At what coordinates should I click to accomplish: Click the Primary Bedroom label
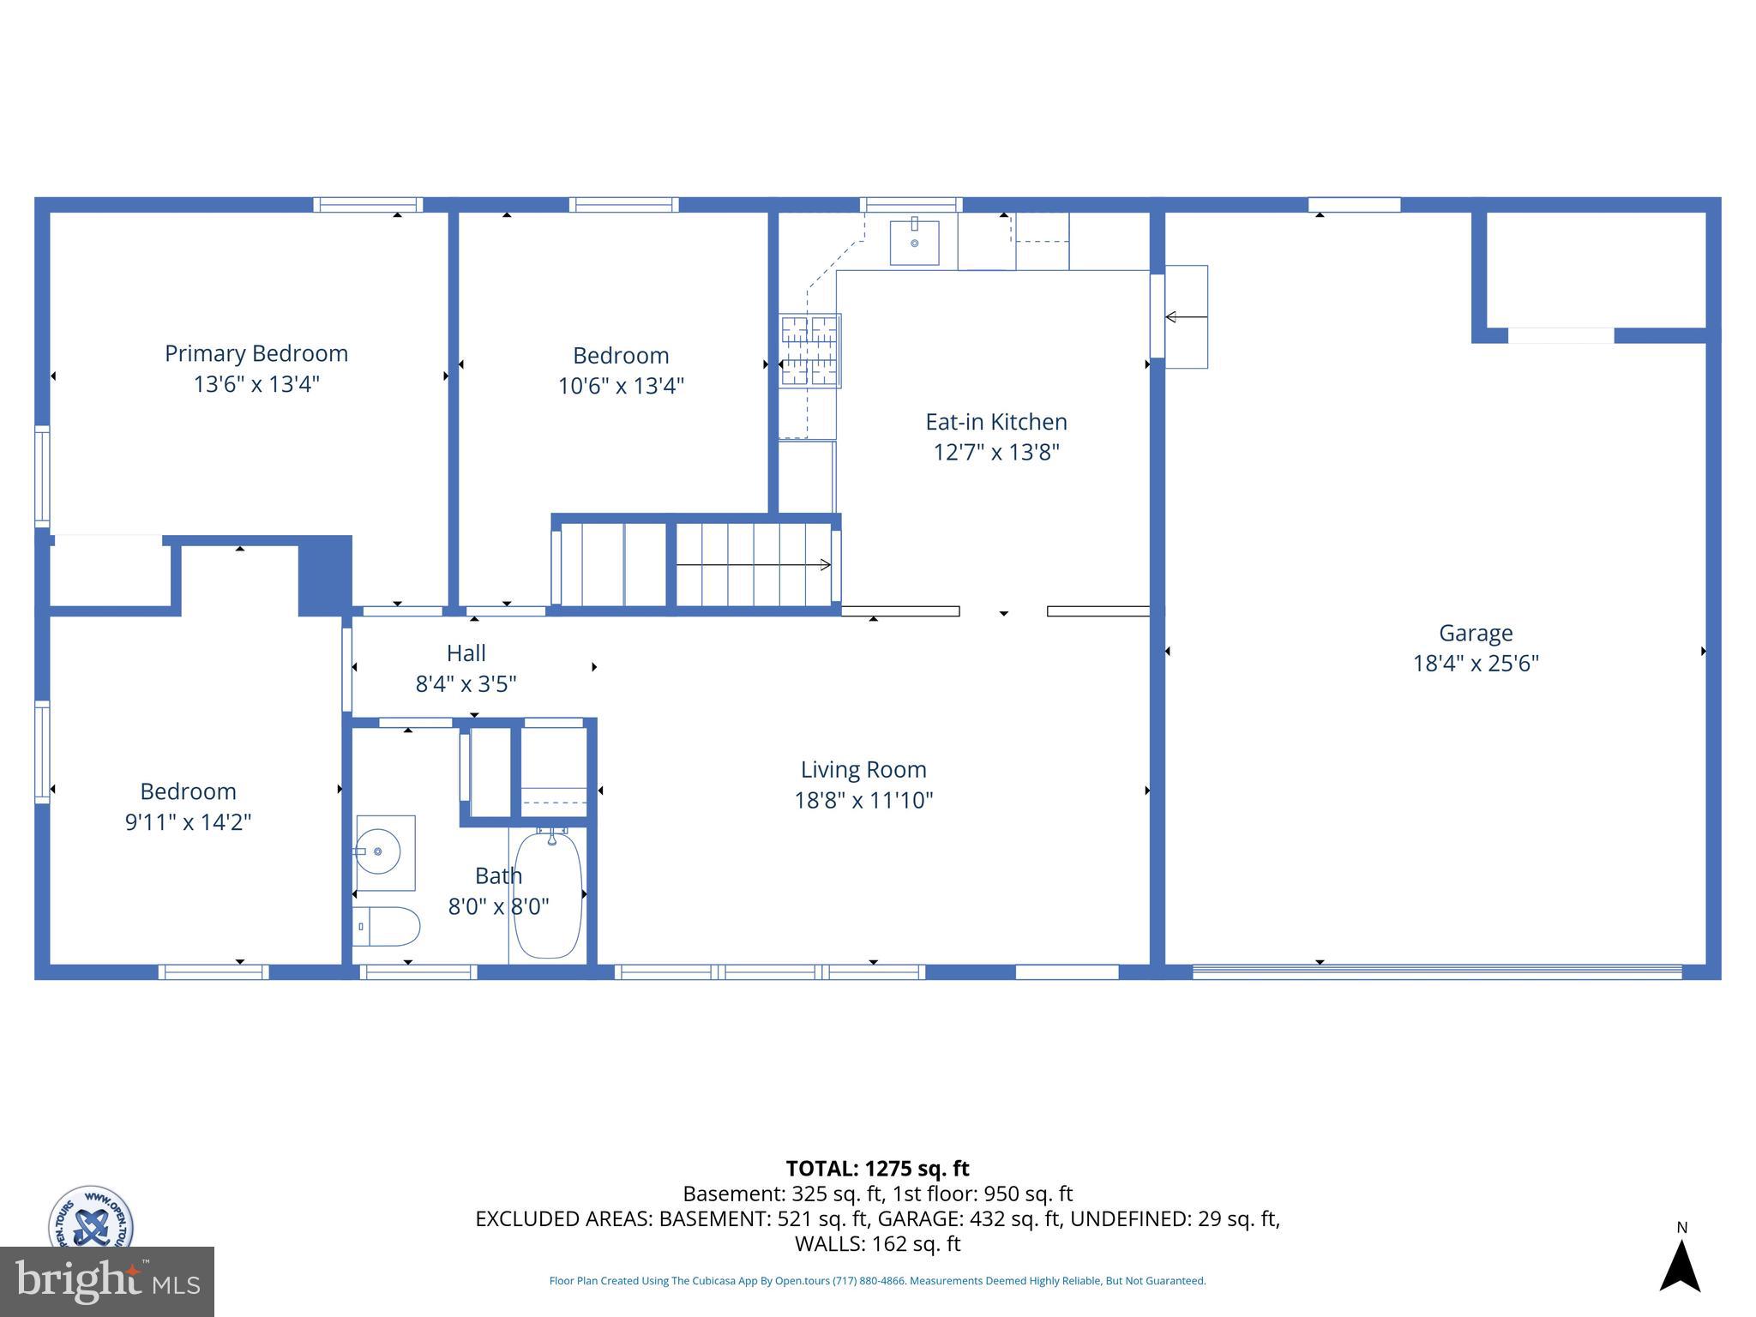click(x=256, y=353)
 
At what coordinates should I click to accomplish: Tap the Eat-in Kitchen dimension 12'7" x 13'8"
click(x=996, y=452)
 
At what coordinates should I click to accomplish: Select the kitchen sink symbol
click(x=914, y=243)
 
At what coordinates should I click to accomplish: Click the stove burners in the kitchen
click(x=809, y=351)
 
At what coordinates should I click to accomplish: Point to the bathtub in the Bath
click(x=548, y=894)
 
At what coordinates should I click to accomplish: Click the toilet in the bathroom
click(x=387, y=927)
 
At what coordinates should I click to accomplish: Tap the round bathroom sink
click(x=379, y=851)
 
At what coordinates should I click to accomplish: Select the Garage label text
click(x=1475, y=633)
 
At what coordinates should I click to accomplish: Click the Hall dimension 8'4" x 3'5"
click(x=466, y=683)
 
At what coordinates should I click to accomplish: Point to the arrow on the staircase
click(x=754, y=564)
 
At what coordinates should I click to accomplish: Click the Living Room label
click(x=863, y=769)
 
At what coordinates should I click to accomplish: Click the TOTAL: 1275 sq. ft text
click(x=877, y=1168)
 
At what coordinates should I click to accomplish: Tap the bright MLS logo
click(x=107, y=1281)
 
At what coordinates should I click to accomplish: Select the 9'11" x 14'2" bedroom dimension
click(x=188, y=821)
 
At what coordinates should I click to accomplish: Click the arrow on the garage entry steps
click(x=1186, y=317)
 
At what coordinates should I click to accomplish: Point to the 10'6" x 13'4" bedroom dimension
click(x=621, y=386)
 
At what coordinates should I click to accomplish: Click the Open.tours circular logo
click(x=90, y=1218)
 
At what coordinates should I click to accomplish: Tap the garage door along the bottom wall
click(x=1436, y=971)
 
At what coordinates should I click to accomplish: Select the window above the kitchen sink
click(x=911, y=204)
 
